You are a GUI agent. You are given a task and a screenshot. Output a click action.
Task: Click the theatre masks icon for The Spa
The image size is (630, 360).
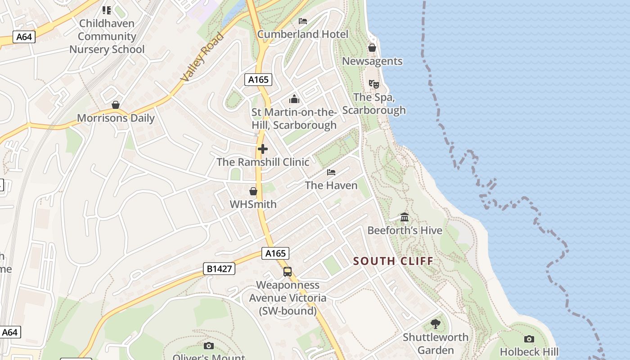click(373, 84)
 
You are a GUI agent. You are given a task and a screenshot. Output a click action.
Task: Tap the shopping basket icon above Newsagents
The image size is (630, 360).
click(372, 48)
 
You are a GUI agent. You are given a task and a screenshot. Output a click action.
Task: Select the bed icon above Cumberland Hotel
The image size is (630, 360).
click(303, 21)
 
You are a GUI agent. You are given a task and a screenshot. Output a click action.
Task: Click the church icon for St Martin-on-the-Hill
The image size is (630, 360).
click(294, 99)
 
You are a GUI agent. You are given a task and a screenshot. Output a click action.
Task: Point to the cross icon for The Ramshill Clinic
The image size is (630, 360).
click(263, 149)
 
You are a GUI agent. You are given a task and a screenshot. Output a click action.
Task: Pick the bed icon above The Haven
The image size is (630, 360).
click(331, 172)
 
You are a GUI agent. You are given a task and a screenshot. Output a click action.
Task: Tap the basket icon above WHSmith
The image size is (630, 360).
click(253, 191)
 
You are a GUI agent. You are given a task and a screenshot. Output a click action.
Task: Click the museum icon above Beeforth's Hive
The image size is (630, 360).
click(405, 217)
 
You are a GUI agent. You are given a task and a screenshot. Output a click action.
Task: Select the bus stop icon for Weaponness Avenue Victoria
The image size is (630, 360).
click(288, 272)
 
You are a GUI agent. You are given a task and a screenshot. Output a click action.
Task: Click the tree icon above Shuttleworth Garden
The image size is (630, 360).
click(435, 324)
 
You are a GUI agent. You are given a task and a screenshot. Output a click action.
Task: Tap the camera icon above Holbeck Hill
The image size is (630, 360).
click(529, 339)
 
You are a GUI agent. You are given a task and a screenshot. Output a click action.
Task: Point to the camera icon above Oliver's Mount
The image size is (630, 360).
click(209, 346)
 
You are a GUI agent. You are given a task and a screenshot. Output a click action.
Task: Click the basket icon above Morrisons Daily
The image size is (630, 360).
click(116, 105)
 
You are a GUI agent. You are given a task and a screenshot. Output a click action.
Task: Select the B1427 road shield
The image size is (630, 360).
click(219, 269)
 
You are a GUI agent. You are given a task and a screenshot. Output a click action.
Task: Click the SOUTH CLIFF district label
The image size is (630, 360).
click(393, 261)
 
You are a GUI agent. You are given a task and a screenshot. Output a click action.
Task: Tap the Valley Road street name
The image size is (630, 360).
click(202, 57)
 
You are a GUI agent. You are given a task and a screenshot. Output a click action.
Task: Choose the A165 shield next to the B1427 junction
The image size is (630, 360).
click(275, 253)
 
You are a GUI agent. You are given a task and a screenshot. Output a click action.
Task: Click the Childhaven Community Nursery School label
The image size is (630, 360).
click(107, 36)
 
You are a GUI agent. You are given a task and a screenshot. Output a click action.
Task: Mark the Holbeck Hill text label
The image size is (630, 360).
click(529, 352)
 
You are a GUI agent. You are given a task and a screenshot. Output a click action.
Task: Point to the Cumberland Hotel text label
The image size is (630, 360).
click(303, 34)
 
